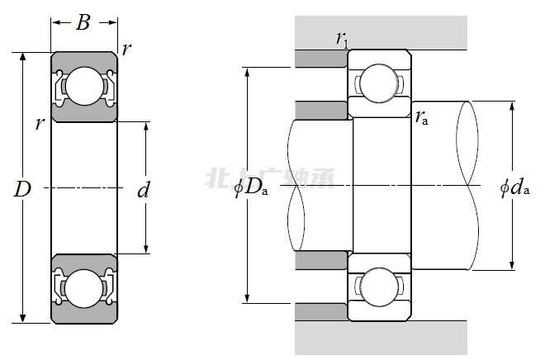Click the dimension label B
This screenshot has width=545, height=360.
[x=83, y=23]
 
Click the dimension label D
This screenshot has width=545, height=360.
[x=22, y=189]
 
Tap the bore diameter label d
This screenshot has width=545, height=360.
[x=144, y=191]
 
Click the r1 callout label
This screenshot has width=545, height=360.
[x=342, y=37]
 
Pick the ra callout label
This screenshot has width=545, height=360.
[x=421, y=118]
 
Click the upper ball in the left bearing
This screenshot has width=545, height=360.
[x=83, y=86]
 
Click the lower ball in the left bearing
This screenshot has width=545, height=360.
[x=83, y=289]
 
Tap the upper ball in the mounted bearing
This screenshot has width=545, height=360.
[x=379, y=80]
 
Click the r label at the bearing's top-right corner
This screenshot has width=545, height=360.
[x=126, y=49]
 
